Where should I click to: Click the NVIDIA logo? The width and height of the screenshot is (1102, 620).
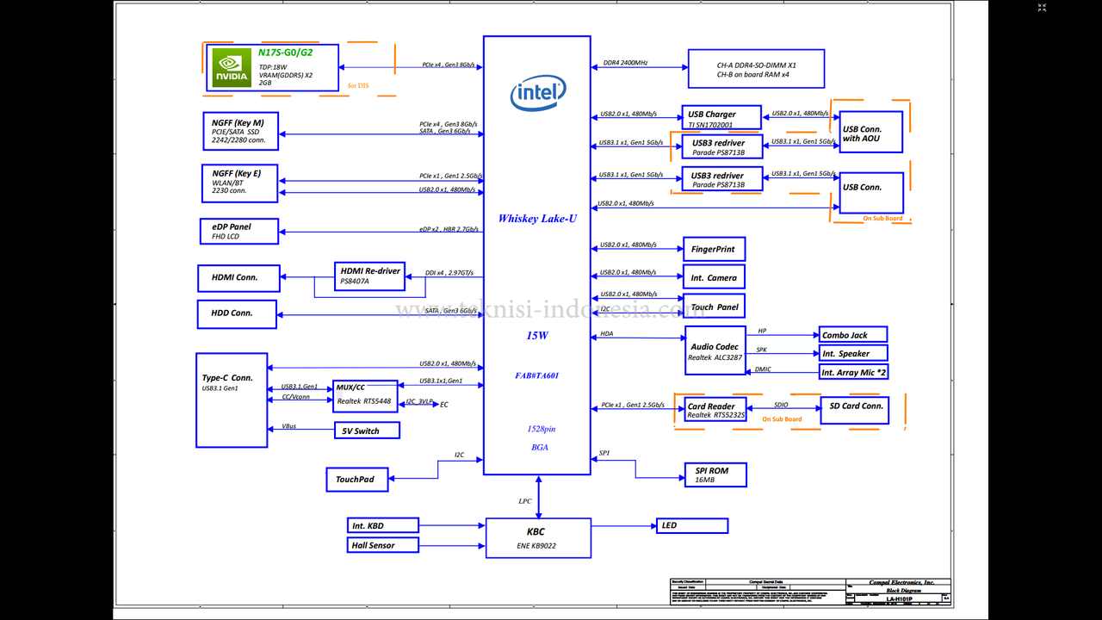pos(232,68)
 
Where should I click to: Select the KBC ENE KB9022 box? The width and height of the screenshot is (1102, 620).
pos(538,537)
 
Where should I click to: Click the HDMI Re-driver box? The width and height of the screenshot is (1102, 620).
pos(369,276)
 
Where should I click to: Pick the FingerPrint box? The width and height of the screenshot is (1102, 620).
pos(714,250)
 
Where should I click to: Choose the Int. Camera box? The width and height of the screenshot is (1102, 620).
pos(714,277)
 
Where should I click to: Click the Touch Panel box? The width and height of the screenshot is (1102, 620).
pos(714,307)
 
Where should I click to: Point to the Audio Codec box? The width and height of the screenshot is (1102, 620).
pos(715,350)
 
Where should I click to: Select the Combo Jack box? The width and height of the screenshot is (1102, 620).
pos(852,335)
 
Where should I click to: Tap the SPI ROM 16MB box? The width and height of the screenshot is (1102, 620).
pos(715,475)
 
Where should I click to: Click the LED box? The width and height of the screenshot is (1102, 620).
pos(691,525)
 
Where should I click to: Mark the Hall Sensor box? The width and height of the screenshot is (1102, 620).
pos(383,545)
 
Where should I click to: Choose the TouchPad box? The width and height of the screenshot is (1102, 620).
pos(356,480)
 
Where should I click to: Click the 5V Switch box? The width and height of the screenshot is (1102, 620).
pos(367,431)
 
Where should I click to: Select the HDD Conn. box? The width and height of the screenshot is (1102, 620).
pos(238,313)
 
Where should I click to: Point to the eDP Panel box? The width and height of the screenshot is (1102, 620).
pos(238,231)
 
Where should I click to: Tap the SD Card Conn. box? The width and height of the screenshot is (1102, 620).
pos(853,410)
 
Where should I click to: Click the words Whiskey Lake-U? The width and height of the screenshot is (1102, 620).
pos(537,219)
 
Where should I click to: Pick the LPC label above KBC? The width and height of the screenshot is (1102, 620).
pos(525,500)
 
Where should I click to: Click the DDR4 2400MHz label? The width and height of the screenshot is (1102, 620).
pos(625,63)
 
